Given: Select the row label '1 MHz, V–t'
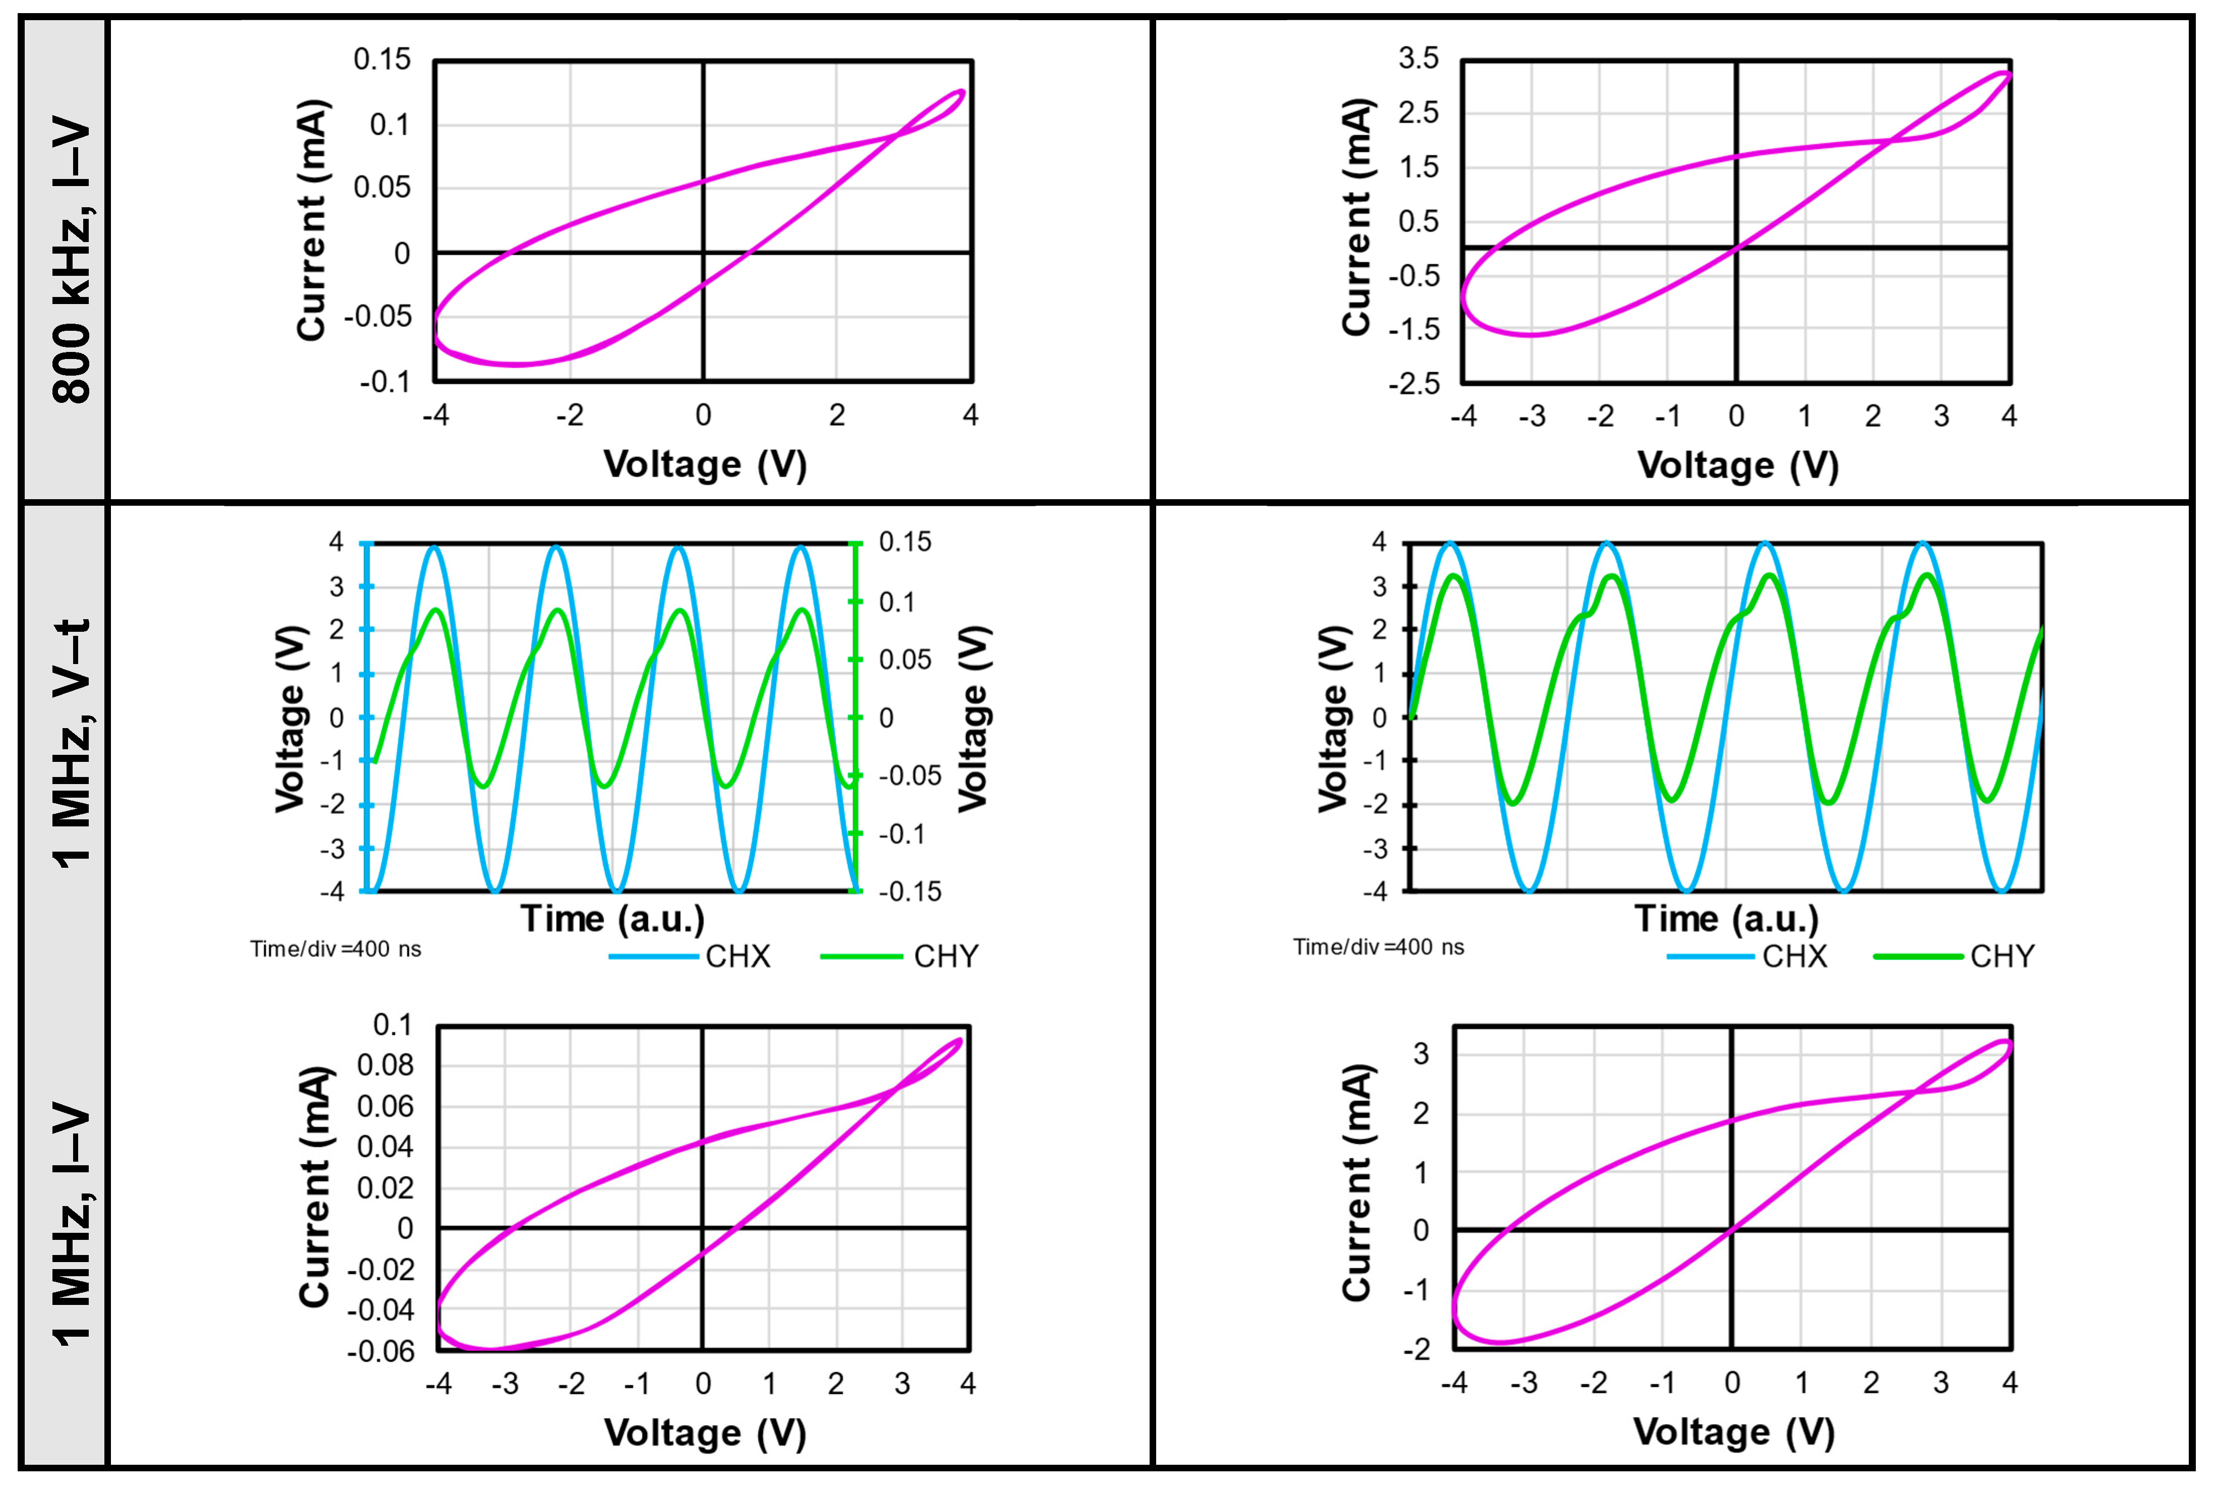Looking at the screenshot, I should point(72,743).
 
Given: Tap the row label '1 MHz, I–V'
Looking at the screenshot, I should point(72,1224).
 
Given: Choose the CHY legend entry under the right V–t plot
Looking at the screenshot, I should point(2002,955).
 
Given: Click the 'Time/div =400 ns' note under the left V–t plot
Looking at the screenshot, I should point(335,949).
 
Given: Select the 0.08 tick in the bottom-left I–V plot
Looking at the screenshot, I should point(385,1065).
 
